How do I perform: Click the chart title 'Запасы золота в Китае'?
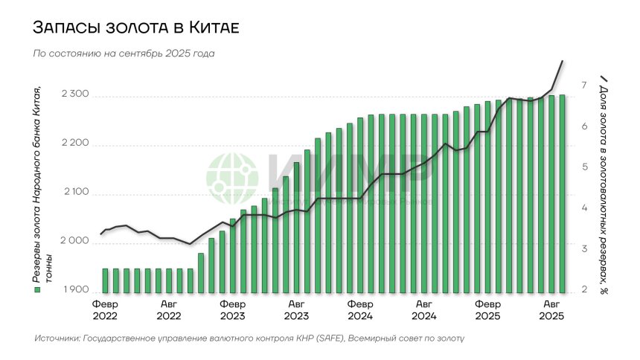point(135,28)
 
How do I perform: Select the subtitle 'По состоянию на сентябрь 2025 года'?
point(124,54)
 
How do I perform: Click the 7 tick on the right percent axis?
point(585,85)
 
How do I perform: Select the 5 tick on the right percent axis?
point(585,167)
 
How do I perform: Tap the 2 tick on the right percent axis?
point(585,289)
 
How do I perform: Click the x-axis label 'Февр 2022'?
point(106,309)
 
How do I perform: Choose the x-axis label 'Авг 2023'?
point(296,309)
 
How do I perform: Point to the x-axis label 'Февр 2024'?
point(360,309)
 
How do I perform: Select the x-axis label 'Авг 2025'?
point(551,309)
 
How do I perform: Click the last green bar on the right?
point(563,193)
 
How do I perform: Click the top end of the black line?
point(563,61)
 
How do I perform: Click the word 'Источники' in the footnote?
point(58,339)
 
